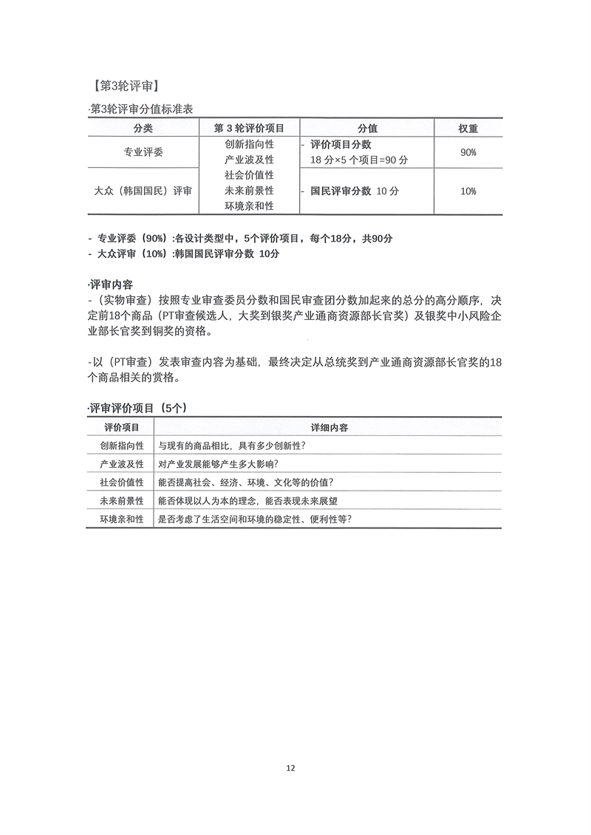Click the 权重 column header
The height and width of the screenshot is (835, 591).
[x=468, y=128]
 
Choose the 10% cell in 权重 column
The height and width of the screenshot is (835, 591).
[x=468, y=191]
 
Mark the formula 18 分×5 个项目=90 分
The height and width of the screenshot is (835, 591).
[x=360, y=159]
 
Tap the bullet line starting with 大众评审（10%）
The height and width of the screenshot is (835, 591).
[x=184, y=253]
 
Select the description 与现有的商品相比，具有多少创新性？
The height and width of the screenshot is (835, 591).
[x=233, y=446]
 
